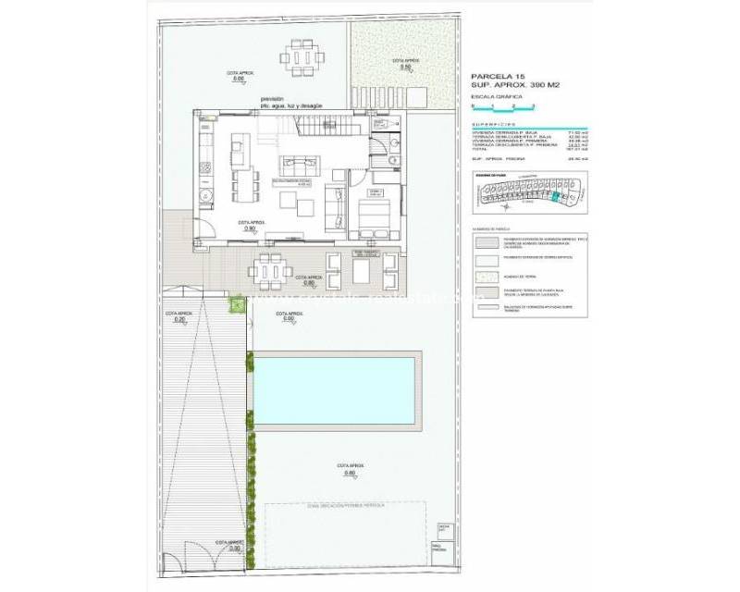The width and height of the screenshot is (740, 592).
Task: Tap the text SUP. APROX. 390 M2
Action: [516, 86]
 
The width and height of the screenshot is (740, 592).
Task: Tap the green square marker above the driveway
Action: [237, 302]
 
